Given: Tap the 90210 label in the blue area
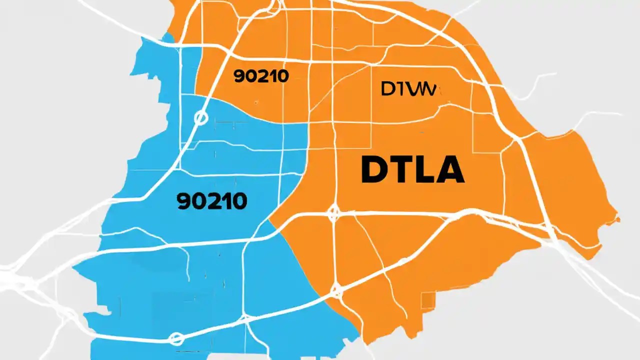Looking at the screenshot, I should pyautogui.click(x=212, y=201).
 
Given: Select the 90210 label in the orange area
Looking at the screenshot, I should pyautogui.click(x=261, y=76).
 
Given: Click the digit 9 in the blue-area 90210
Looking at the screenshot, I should pyautogui.click(x=184, y=201).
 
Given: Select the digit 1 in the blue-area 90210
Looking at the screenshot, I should pyautogui.click(x=225, y=201).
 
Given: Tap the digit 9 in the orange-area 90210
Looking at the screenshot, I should pyautogui.click(x=238, y=76).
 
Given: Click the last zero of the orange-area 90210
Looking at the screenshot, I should pyautogui.click(x=283, y=76).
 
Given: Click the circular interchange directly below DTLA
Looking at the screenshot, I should pyautogui.click(x=333, y=213).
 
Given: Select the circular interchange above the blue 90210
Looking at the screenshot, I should pyautogui.click(x=200, y=117).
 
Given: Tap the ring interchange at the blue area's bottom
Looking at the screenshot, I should pyautogui.click(x=176, y=338).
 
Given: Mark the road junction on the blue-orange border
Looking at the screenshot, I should pyautogui.click(x=336, y=289).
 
